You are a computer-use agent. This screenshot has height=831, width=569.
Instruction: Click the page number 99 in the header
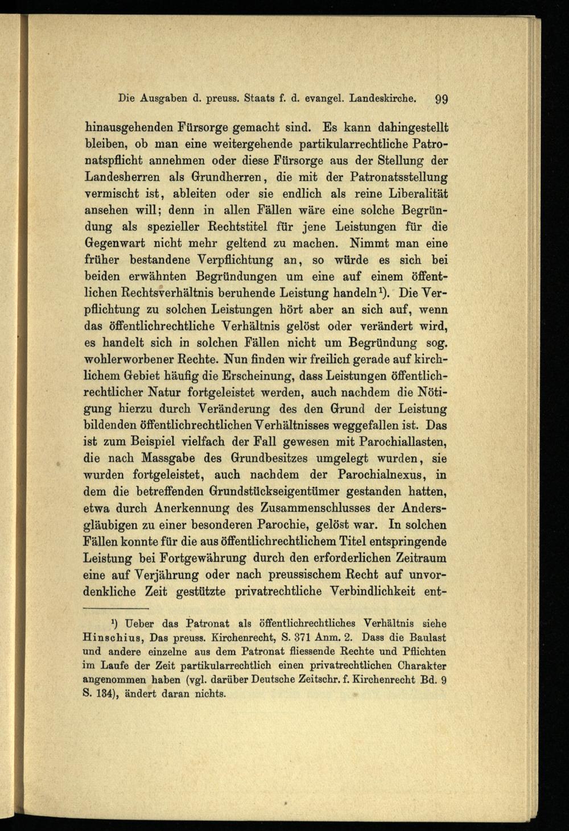click(442, 98)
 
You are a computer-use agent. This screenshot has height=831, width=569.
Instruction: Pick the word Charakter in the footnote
click(418, 664)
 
